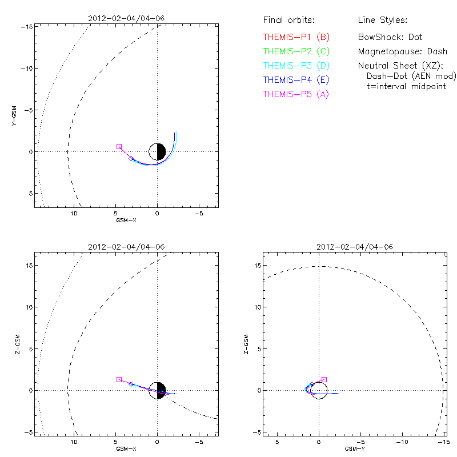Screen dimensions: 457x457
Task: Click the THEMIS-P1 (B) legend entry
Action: pyautogui.click(x=296, y=37)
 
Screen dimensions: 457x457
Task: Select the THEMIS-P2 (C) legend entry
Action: pyautogui.click(x=296, y=51)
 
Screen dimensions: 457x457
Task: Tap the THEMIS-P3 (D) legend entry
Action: pyautogui.click(x=296, y=65)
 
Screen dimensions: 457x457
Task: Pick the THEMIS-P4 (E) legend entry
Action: pyautogui.click(x=296, y=79)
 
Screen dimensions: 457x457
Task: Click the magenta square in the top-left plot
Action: pyautogui.click(x=119, y=147)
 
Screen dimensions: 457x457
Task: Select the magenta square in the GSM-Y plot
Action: pyautogui.click(x=324, y=379)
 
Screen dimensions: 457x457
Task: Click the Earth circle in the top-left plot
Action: pyautogui.click(x=157, y=151)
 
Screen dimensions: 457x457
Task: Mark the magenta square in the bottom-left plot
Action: pyautogui.click(x=119, y=379)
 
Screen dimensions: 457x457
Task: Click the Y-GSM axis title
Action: pyautogui.click(x=15, y=114)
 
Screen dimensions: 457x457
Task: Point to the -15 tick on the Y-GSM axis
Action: pyautogui.click(x=27, y=26)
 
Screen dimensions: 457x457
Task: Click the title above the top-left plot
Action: pyautogui.click(x=126, y=18)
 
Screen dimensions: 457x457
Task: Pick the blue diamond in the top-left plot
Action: pyautogui.click(x=131, y=159)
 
